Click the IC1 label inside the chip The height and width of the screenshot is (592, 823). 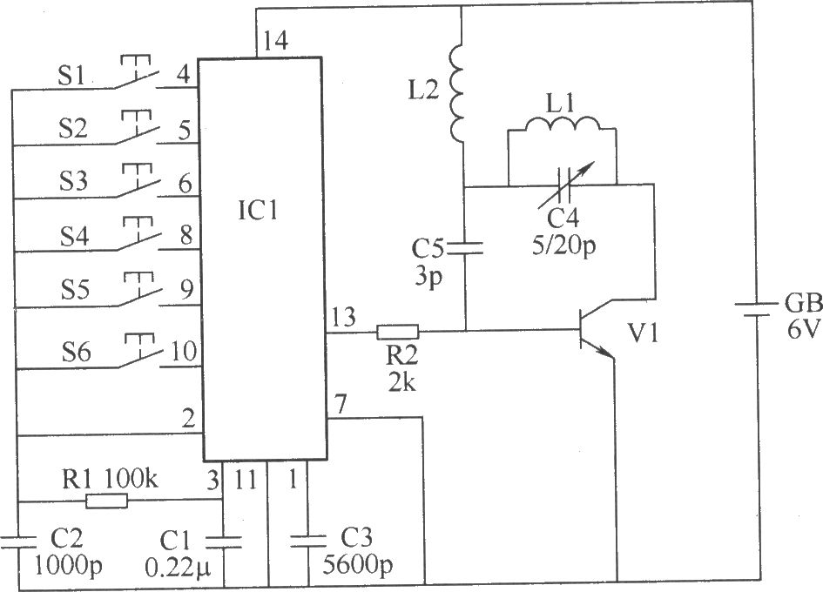pos(258,211)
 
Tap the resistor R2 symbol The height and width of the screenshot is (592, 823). pos(398,332)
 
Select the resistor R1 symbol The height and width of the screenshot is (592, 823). pos(106,501)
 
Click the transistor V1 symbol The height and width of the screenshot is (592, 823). pos(597,330)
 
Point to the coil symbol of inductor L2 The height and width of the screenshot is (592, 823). pos(456,94)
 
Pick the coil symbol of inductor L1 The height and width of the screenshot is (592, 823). pos(562,124)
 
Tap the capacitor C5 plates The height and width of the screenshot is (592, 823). pos(464,247)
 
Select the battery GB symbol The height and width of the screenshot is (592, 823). pos(754,310)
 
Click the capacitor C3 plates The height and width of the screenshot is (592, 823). pos(308,542)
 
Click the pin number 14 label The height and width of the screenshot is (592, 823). pos(275,40)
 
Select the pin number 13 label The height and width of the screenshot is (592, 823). pos(343,317)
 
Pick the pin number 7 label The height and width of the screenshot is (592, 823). pos(341,405)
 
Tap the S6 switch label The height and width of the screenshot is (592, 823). pos(77,353)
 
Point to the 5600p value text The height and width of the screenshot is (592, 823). pos(357,565)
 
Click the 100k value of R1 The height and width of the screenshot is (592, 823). pos(132,478)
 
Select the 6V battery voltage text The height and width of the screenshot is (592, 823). pos(802,331)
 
